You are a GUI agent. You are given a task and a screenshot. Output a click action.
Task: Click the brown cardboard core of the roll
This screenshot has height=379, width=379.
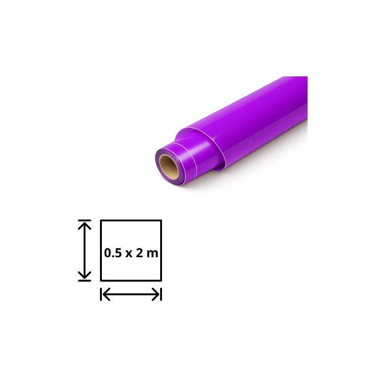[169, 167]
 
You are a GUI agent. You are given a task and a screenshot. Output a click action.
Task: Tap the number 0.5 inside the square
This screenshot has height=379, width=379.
[113, 253]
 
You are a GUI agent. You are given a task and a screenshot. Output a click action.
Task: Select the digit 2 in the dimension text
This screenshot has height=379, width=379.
[139, 253]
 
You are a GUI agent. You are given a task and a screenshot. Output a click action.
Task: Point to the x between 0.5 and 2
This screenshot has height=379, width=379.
[129, 254]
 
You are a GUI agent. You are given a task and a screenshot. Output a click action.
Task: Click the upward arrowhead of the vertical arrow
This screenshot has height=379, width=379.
[85, 226]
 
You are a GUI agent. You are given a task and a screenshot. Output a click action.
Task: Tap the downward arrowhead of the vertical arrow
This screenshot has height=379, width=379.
[85, 275]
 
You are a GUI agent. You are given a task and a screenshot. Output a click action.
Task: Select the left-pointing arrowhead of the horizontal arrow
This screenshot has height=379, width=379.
[107, 294]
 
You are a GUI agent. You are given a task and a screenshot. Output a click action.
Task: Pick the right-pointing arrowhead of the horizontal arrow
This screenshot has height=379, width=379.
[156, 294]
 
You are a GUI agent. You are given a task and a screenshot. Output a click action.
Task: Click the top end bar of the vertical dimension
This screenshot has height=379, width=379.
[85, 220]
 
